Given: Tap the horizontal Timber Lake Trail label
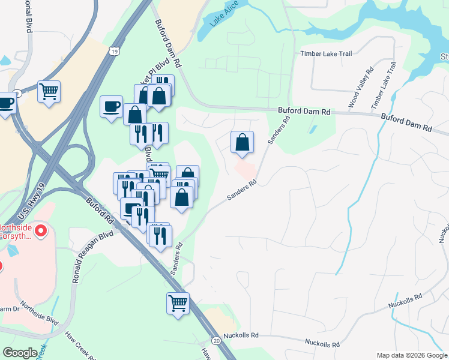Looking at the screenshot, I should tap(325, 54).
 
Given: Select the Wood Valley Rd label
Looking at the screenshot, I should tap(361, 88).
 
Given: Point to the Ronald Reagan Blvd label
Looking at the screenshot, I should tap(92, 256).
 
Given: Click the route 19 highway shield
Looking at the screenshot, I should tap(114, 52).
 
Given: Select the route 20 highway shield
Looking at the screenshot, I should tap(216, 340).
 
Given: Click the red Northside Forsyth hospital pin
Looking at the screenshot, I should tap(41, 230).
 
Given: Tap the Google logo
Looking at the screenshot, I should tap(20, 353).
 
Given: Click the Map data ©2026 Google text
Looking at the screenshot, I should tap(412, 355).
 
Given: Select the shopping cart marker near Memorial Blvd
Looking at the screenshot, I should tap(49, 92).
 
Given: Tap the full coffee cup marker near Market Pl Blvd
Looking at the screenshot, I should tap(111, 107).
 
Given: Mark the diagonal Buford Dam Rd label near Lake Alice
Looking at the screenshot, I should tap(168, 44).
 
